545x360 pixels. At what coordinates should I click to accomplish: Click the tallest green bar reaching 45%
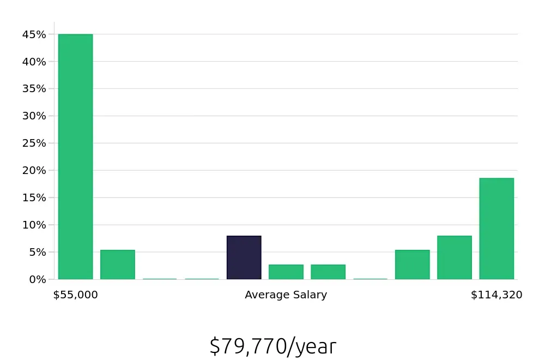point(75,157)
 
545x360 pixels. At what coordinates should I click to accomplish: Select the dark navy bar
point(244,257)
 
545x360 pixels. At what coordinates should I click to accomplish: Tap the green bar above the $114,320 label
point(496,229)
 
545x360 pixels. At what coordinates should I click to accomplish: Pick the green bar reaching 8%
point(454,257)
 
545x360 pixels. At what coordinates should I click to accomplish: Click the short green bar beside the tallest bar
point(117,265)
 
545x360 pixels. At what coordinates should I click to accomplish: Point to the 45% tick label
point(34,34)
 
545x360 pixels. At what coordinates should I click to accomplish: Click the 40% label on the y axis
point(34,62)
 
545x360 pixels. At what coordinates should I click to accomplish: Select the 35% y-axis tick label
point(34,89)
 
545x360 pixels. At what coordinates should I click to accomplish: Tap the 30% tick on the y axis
point(34,116)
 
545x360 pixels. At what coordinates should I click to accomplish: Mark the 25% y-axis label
point(34,143)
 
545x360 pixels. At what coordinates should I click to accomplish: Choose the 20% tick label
point(34,170)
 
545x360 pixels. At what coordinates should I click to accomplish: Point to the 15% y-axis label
point(34,197)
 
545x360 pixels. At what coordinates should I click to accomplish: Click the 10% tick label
point(34,225)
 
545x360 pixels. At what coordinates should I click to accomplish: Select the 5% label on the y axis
point(37,252)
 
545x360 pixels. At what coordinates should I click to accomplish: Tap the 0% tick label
point(37,279)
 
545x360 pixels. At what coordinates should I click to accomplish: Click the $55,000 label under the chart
point(75,295)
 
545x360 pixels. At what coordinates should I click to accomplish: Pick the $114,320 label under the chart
point(496,295)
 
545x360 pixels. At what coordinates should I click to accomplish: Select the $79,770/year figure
point(272,346)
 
